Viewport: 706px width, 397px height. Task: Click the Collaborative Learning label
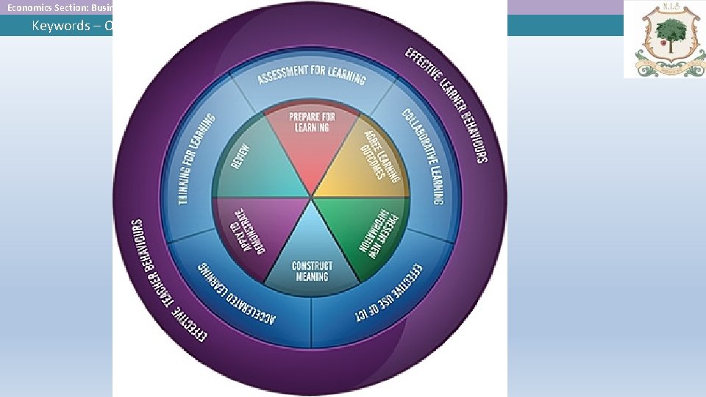(426, 155)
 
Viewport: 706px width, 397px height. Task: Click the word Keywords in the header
(60, 26)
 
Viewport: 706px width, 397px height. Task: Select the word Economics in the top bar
(29, 7)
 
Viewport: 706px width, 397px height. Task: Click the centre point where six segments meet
(312, 197)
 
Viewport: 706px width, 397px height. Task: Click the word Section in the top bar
(74, 7)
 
